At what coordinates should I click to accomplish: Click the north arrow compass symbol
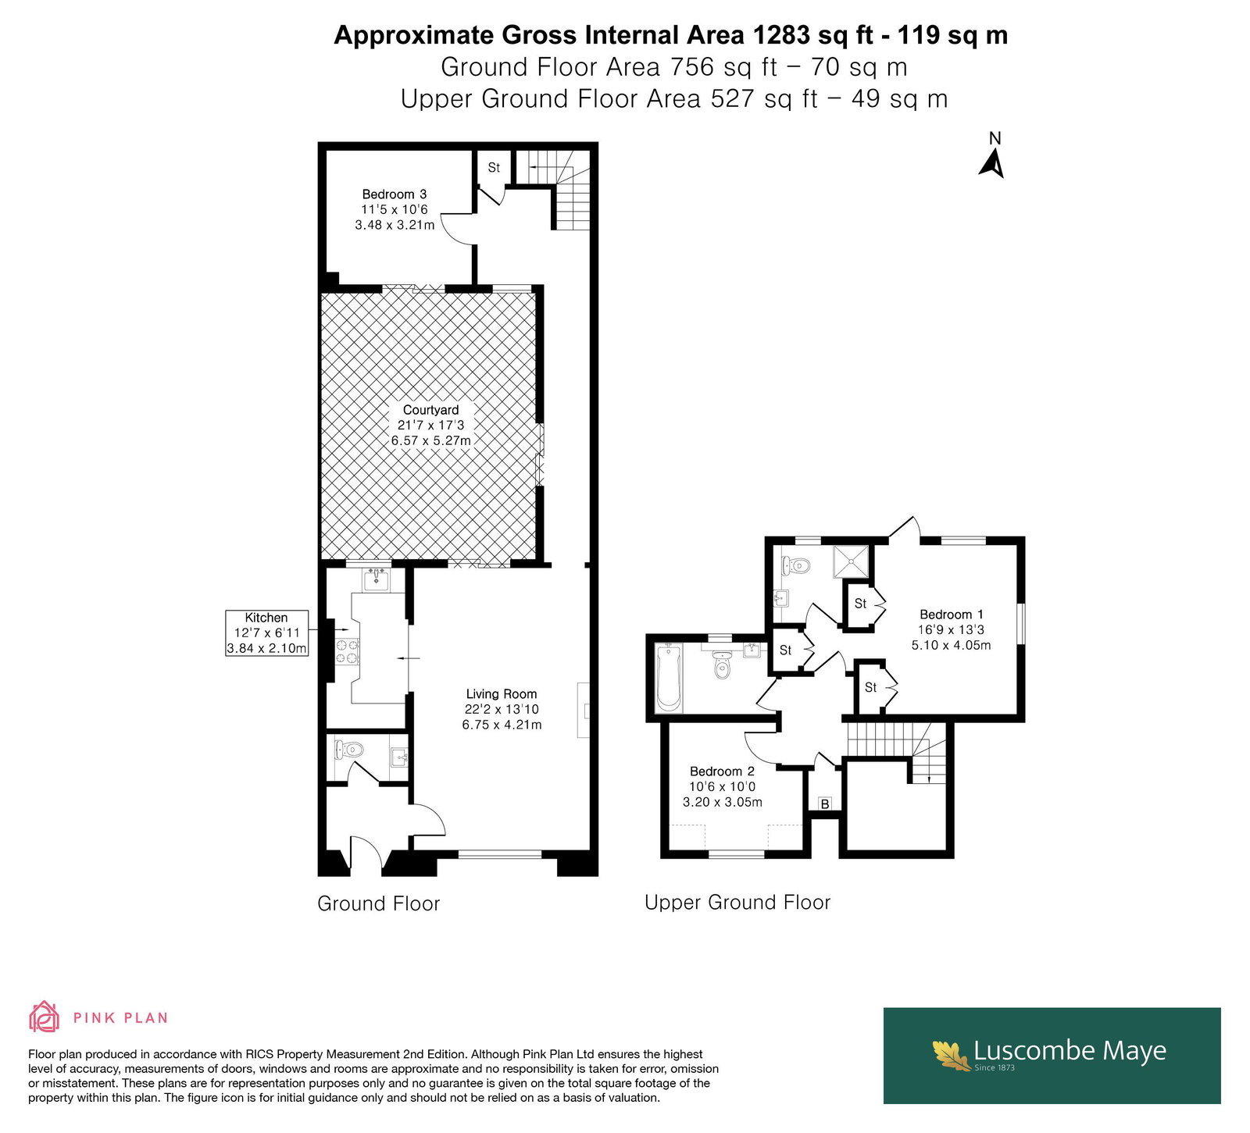click(x=992, y=159)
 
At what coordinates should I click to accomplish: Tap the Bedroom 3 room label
click(x=395, y=209)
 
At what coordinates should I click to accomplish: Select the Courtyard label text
click(x=431, y=425)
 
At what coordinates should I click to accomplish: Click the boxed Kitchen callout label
click(x=266, y=632)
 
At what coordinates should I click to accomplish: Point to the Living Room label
click(x=502, y=709)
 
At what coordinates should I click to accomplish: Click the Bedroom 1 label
click(x=951, y=629)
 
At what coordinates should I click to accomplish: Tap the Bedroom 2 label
click(x=723, y=786)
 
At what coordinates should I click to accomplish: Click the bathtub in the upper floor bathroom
click(x=669, y=679)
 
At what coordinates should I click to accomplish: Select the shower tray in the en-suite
click(x=850, y=561)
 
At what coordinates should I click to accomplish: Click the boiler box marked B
click(x=825, y=803)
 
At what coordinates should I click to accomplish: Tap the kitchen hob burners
click(x=348, y=651)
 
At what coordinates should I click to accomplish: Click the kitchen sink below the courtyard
click(x=377, y=580)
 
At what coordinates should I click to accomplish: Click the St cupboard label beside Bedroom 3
click(x=494, y=167)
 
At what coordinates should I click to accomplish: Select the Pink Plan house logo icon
click(x=44, y=1017)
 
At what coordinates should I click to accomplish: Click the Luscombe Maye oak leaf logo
click(x=951, y=1055)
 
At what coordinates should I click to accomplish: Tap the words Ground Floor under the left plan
click(x=379, y=903)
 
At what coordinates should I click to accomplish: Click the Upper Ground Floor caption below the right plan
click(x=737, y=903)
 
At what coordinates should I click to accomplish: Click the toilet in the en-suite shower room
click(x=795, y=565)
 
